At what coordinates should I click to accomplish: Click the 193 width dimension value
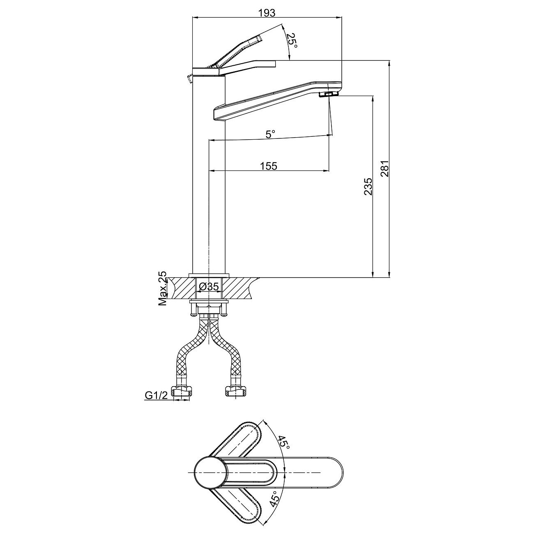click(267, 13)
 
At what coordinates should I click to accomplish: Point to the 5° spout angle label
click(270, 134)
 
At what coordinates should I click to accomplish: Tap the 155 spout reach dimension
click(269, 166)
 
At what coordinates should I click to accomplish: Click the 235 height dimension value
click(368, 186)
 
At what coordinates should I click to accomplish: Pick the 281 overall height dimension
click(384, 168)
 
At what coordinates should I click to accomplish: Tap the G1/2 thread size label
click(156, 396)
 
